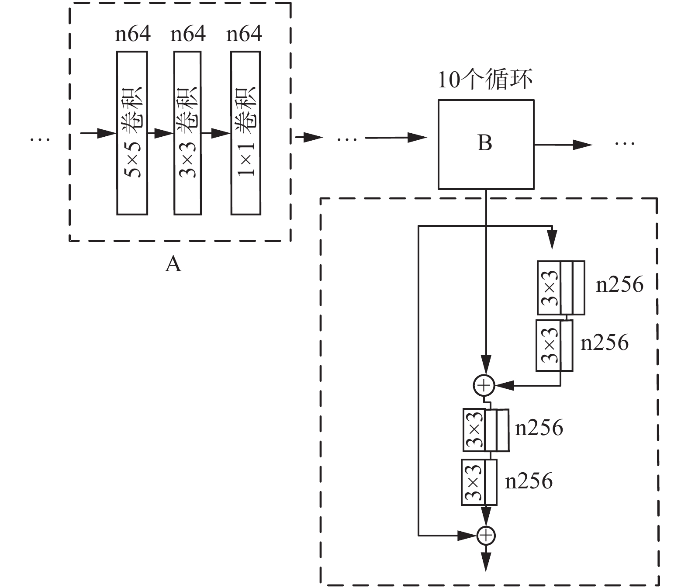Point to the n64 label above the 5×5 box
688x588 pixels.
pyautogui.click(x=133, y=34)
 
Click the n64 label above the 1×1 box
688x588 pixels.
pyautogui.click(x=244, y=34)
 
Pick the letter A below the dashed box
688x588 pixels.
pyautogui.click(x=173, y=265)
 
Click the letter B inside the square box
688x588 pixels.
pyautogui.click(x=484, y=143)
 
